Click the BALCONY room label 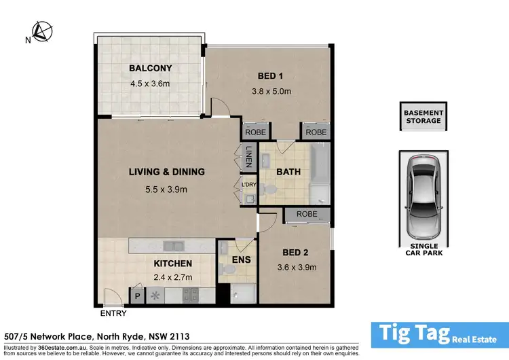tap(150, 68)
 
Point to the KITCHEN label tap(172, 263)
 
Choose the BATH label tap(288, 171)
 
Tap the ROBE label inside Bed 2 tap(307, 215)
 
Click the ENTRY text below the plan tap(112, 314)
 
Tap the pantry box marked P tap(137, 295)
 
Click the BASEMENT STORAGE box tap(423, 117)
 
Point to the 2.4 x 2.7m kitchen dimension tap(172, 277)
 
